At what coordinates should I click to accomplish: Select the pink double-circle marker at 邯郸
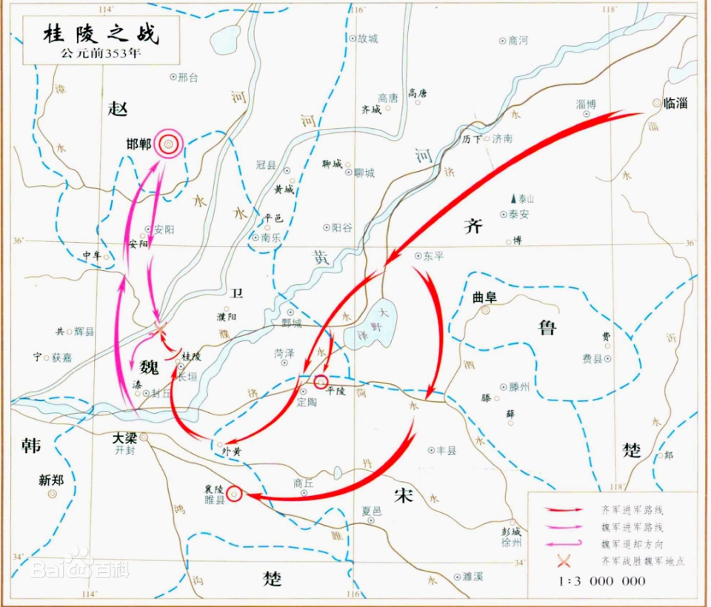169,143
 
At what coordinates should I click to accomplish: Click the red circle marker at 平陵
321,382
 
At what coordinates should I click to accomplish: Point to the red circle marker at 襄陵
234,494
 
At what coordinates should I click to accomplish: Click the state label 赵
118,109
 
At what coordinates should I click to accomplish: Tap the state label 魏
147,365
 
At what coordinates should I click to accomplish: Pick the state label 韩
31,446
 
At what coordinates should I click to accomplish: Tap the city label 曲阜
487,298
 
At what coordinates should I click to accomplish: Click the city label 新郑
51,480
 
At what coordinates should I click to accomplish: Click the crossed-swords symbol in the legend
567,561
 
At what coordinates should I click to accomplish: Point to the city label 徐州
512,543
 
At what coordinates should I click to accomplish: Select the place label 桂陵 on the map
191,357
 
